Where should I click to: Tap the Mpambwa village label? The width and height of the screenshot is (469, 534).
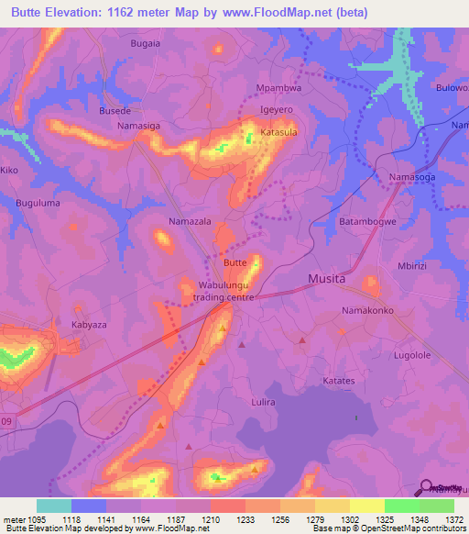278,90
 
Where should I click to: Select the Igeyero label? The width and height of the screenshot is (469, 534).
277,109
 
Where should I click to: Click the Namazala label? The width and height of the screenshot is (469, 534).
190,222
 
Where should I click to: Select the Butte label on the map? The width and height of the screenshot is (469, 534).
234,262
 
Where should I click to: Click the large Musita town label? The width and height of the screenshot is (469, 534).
326,278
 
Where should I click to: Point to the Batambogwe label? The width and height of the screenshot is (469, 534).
369,222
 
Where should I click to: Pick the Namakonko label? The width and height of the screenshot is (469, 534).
368,311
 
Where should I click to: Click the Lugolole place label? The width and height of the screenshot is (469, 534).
411,354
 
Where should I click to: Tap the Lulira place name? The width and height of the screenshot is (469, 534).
263,402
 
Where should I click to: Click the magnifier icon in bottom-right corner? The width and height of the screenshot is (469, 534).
425,487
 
